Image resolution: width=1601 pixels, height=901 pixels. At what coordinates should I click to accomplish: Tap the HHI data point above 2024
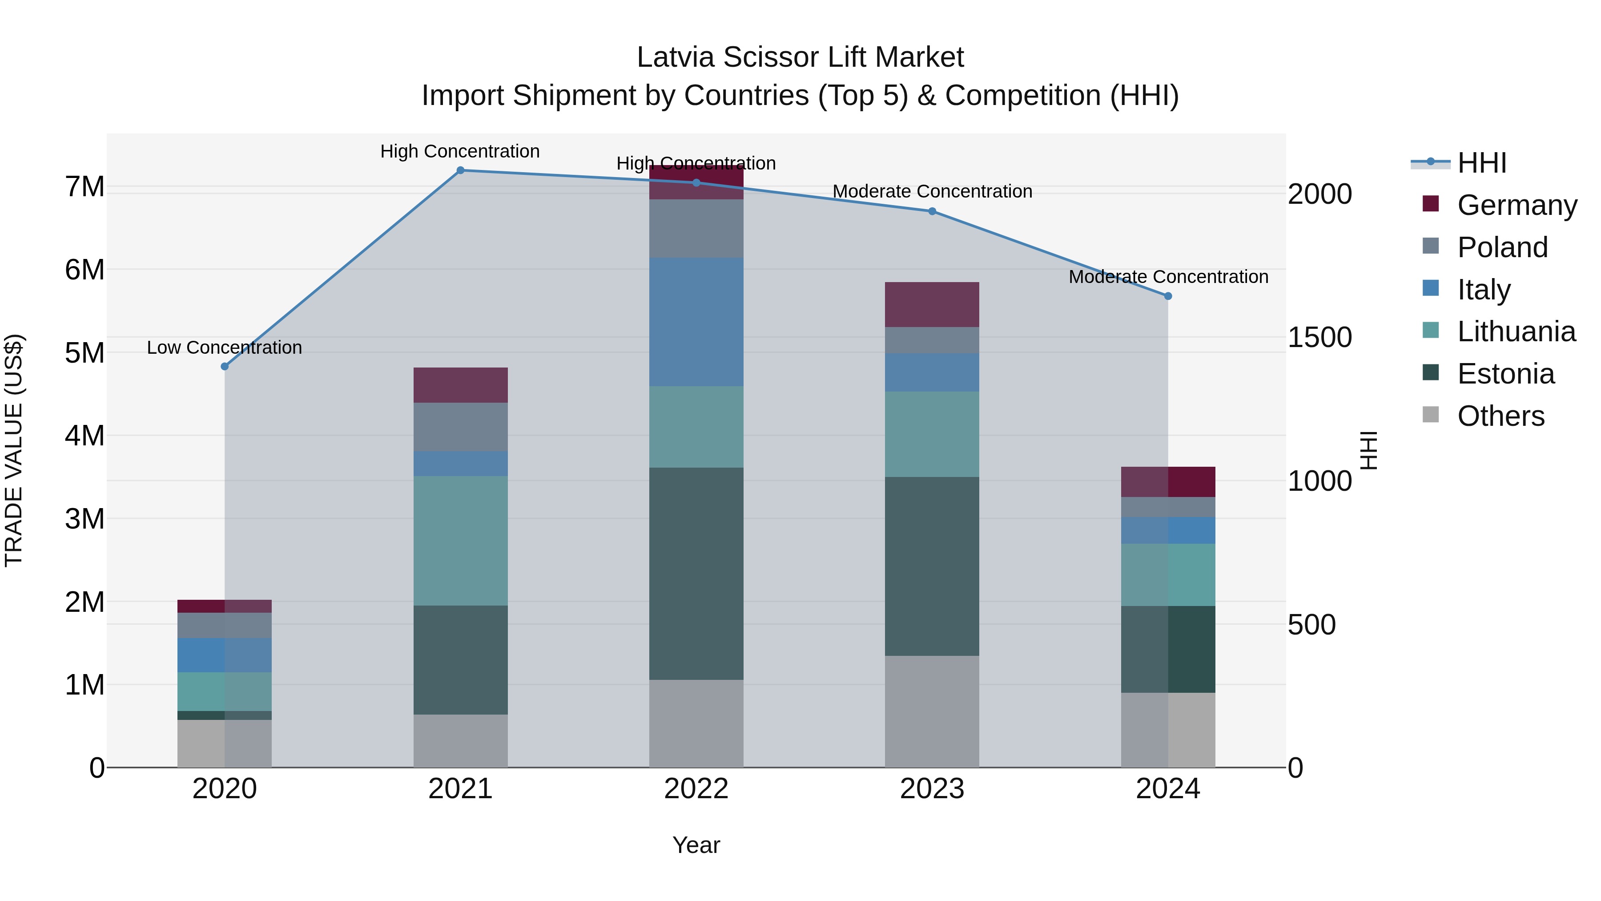pyautogui.click(x=1168, y=296)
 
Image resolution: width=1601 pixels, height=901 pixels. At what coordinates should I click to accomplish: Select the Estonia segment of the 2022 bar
pyautogui.click(x=696, y=574)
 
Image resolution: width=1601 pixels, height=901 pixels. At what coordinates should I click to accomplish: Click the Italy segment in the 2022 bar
pyautogui.click(x=696, y=322)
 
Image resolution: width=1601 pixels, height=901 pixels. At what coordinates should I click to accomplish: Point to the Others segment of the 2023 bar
pyautogui.click(x=932, y=711)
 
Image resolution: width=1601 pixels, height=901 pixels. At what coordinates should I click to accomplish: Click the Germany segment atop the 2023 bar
pyautogui.click(x=932, y=305)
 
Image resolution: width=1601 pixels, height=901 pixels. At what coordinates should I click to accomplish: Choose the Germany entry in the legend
pyautogui.click(x=1517, y=205)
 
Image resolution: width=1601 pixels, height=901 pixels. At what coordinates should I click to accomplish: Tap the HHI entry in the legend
pyautogui.click(x=1482, y=163)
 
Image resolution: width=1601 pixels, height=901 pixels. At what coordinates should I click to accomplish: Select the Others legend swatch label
pyautogui.click(x=1500, y=416)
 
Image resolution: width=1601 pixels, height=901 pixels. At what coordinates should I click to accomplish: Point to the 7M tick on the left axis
pyautogui.click(x=84, y=186)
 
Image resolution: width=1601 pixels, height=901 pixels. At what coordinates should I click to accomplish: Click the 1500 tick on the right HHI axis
pyautogui.click(x=1319, y=338)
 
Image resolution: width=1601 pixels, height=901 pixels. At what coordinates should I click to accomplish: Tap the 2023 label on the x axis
pyautogui.click(x=932, y=789)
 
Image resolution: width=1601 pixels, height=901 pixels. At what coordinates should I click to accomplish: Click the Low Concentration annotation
pyautogui.click(x=225, y=347)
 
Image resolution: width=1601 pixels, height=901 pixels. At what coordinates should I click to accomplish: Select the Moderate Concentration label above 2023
pyautogui.click(x=932, y=191)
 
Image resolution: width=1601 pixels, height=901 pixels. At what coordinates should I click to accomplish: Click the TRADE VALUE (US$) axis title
pyautogui.click(x=14, y=450)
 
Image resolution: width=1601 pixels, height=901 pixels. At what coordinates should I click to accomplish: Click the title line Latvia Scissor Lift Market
pyautogui.click(x=800, y=57)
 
